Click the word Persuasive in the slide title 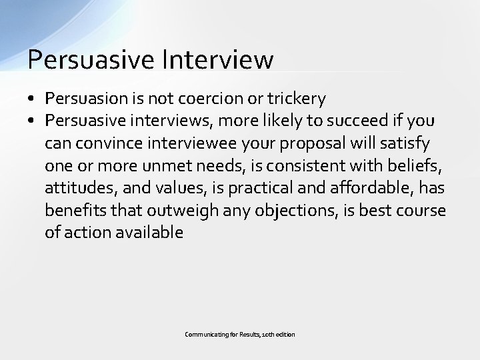[89, 59]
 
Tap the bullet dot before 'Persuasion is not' [32, 99]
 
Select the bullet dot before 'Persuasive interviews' [32, 121]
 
